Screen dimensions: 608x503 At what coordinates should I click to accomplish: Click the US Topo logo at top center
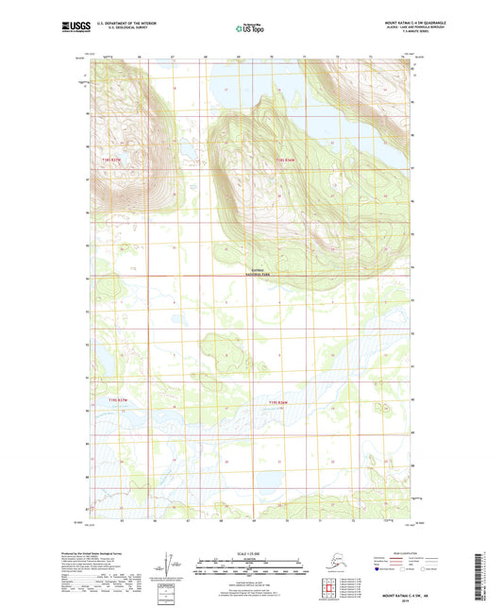tap(250, 29)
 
